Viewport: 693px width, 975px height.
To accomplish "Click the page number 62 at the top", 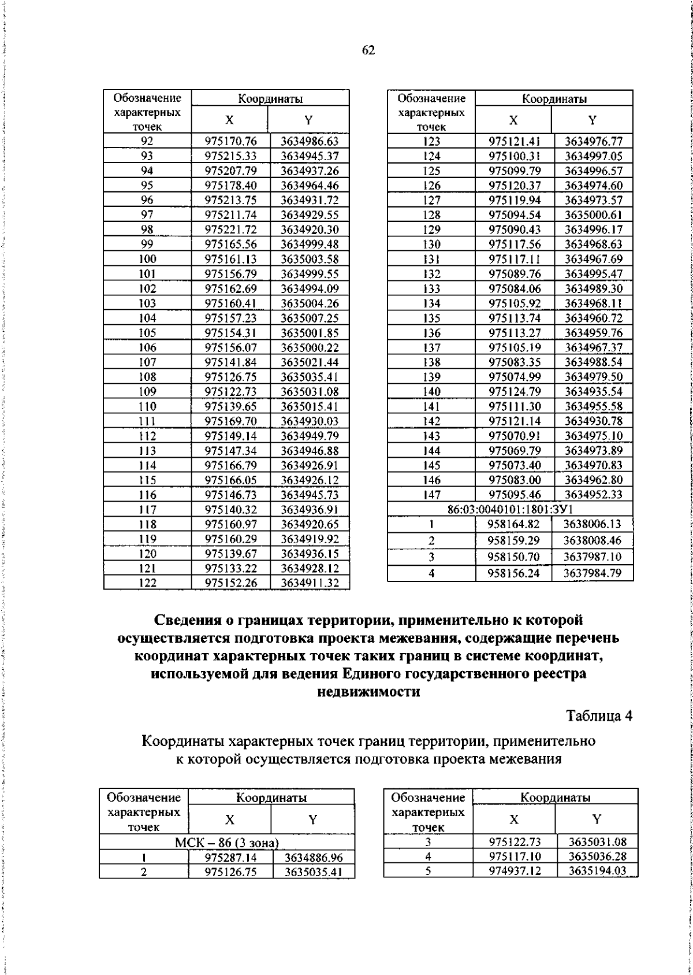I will coord(368,51).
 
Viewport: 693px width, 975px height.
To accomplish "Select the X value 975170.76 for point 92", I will coord(230,142).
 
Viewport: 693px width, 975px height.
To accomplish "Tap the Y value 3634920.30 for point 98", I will coord(310,229).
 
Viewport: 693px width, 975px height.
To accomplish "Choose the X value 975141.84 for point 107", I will coord(230,362).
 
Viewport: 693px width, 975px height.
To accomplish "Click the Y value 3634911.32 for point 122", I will coord(310,583).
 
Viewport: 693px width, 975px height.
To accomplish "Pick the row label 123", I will coord(431,142).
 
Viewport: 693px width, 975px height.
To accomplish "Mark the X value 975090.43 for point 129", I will coord(515,229).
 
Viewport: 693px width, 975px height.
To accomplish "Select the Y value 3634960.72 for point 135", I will coord(594,318).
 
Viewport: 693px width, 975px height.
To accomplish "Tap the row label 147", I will coord(431,495).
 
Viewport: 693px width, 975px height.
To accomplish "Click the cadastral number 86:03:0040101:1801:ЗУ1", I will coord(510,510).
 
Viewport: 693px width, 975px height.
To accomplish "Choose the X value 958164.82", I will coord(514,524).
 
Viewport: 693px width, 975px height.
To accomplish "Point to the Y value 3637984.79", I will coord(593,574).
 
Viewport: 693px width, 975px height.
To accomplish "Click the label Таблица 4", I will coord(599,716).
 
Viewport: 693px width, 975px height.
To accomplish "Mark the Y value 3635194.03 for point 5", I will coord(597,871).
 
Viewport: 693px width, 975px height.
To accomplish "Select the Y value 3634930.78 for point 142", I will coord(594,421).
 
